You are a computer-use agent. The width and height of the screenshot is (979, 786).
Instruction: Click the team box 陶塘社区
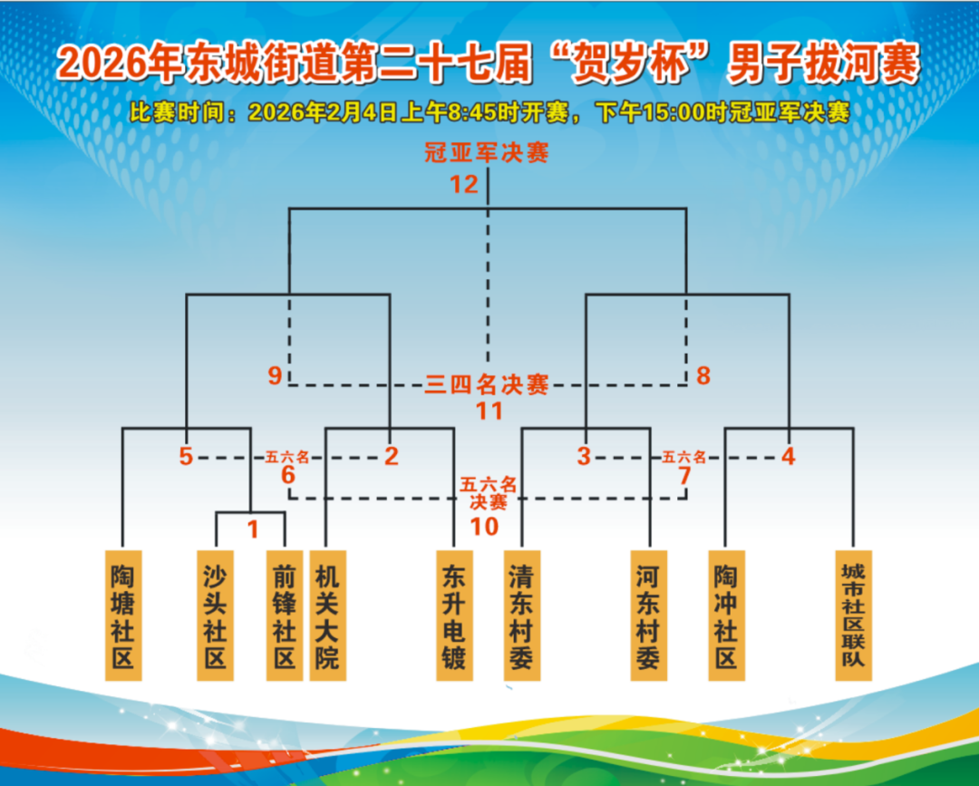123,615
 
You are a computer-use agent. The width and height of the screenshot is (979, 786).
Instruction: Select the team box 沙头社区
216,615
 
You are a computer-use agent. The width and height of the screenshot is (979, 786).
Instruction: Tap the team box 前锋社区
285,615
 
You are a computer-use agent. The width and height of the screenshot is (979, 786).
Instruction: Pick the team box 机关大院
328,615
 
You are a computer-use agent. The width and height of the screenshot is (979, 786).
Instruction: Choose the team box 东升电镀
454,615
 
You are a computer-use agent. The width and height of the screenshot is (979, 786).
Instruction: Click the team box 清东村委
522,615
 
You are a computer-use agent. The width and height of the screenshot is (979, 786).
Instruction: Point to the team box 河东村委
649,615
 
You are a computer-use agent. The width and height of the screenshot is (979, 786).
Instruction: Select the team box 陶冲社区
727,615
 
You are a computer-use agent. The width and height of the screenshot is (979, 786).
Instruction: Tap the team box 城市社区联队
854,615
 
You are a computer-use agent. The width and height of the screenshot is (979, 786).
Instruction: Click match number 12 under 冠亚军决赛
464,184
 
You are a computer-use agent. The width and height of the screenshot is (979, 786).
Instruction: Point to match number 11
489,411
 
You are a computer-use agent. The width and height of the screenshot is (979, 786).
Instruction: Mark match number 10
484,527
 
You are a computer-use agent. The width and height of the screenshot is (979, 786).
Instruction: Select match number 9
275,375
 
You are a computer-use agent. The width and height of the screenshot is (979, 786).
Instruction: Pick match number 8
703,375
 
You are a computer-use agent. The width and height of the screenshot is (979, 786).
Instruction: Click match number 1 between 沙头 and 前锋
253,529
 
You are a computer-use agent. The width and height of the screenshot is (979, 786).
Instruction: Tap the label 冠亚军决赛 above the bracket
487,152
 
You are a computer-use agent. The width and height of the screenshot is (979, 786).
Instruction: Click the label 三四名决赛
487,384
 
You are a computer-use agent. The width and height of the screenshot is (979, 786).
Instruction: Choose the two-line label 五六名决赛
489,493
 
